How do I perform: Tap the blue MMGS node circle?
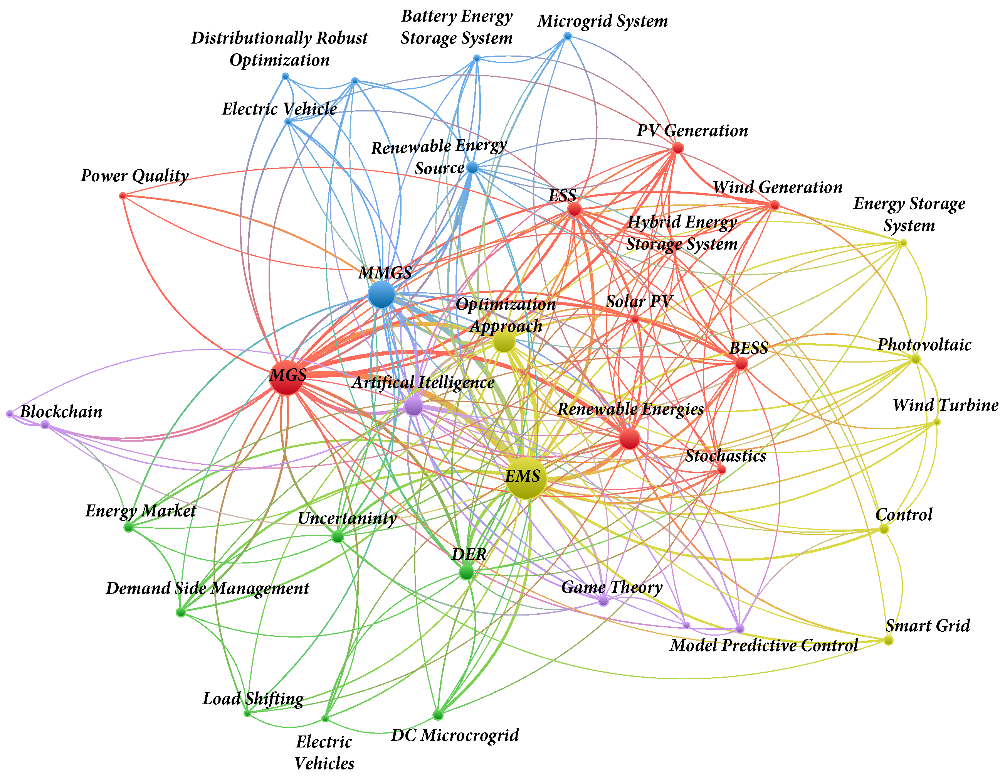(x=381, y=294)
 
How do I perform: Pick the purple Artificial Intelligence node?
(x=414, y=406)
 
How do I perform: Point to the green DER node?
(x=466, y=572)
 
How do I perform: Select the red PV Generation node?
(x=677, y=148)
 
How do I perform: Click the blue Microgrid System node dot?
(x=567, y=36)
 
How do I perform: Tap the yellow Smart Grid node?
(x=889, y=640)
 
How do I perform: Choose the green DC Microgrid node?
(x=438, y=715)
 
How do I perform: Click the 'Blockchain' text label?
(x=61, y=412)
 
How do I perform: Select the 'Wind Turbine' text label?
(x=945, y=405)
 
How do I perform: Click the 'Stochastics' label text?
(x=725, y=455)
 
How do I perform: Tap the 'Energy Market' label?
(x=140, y=511)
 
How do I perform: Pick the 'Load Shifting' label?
(x=253, y=698)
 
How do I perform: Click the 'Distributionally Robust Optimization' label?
(x=279, y=49)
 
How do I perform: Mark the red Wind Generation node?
(x=775, y=205)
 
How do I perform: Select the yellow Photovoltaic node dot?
(x=915, y=359)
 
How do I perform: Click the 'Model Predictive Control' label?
(x=763, y=645)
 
